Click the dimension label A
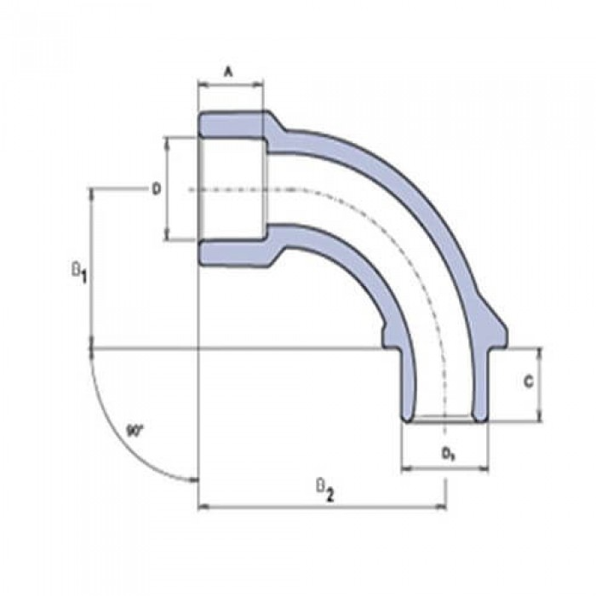(228, 72)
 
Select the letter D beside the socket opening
(156, 188)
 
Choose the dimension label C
(528, 383)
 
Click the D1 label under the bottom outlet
(446, 454)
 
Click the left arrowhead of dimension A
(202, 84)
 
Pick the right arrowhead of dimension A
(259, 84)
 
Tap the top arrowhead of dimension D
(167, 140)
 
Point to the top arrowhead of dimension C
(540, 351)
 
